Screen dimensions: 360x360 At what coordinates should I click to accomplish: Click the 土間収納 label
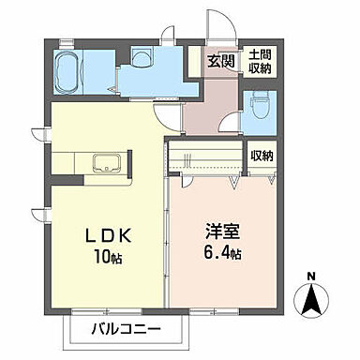pyautogui.click(x=260, y=61)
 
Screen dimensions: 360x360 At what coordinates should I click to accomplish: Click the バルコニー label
pyautogui.click(x=127, y=329)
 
